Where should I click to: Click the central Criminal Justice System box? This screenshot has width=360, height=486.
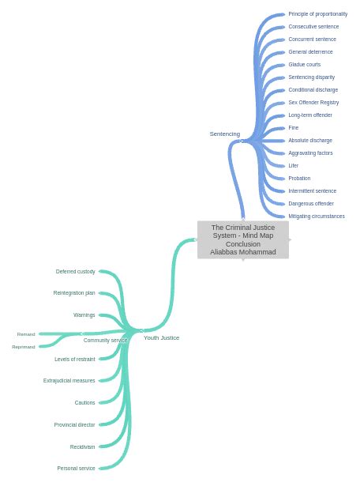242,239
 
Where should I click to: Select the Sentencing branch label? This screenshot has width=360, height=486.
224,134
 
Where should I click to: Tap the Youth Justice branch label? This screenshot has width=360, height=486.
161,338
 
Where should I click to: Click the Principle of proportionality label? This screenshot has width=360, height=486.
317,14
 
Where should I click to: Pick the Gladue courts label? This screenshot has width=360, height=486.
304,65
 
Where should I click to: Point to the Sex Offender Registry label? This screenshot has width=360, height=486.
313,103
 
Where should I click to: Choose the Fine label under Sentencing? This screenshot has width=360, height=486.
293,128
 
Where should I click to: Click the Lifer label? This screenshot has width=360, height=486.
293,166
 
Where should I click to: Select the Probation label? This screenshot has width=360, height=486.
299,179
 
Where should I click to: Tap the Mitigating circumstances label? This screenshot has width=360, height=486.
316,217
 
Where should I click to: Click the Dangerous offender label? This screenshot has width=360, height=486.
310,204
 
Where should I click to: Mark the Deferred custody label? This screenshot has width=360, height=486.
75,272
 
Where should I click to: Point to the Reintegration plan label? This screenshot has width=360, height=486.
73,293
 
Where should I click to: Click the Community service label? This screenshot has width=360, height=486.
105,341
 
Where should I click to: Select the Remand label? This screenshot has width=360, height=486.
26,334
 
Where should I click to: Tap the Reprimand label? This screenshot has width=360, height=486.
23,347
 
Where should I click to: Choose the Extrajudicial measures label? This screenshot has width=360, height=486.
69,381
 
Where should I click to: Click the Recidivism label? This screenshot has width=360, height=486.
82,447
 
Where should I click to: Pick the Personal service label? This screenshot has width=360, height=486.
76,469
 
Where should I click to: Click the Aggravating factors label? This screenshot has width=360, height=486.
310,153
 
